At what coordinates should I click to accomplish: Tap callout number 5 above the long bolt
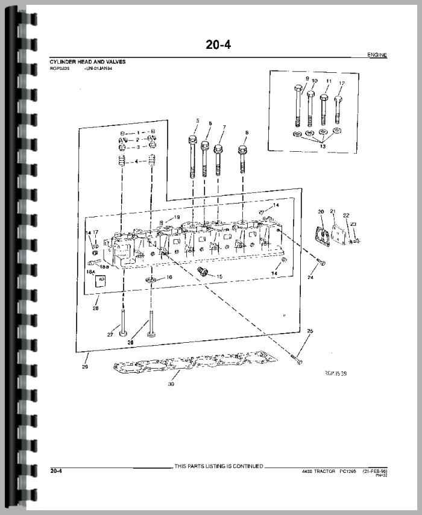coord(197,122)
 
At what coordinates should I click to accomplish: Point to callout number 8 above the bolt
coord(247,132)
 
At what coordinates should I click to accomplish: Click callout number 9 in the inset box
coord(307,79)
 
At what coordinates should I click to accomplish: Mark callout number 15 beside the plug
coord(219,276)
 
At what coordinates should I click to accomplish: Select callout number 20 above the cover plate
coord(321,212)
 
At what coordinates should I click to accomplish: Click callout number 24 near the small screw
coord(310,278)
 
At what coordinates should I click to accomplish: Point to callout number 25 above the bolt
coord(310,331)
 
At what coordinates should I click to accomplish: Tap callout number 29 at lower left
coord(85,366)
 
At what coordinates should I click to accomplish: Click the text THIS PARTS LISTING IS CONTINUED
coord(218,466)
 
